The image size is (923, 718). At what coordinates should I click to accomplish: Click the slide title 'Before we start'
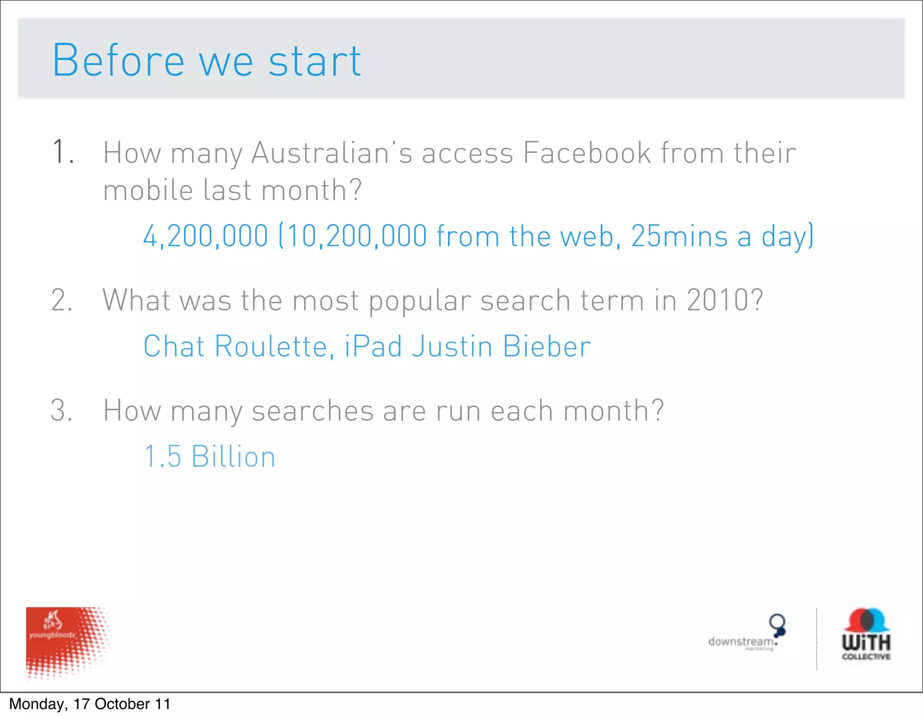pos(206,61)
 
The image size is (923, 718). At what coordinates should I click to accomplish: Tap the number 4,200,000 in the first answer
pos(206,236)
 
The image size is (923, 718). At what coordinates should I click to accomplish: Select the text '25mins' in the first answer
pos(679,236)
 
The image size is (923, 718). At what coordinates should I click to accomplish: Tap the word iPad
pos(374,346)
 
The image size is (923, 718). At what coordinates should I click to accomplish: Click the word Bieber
pos(547,346)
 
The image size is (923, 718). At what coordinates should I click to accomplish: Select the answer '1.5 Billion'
pos(210,456)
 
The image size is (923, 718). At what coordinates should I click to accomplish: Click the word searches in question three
pos(312,411)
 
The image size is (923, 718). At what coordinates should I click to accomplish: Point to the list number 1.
pos(63,152)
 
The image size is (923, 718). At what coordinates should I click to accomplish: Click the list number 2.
pos(62,300)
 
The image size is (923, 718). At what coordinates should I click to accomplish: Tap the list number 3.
pos(62,411)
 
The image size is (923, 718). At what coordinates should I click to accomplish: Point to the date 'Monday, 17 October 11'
pos(90,704)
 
